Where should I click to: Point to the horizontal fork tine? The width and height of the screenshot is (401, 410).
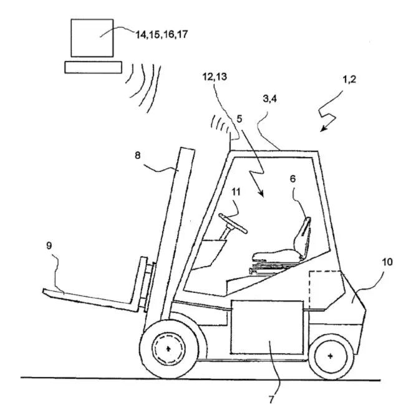[87, 298]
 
